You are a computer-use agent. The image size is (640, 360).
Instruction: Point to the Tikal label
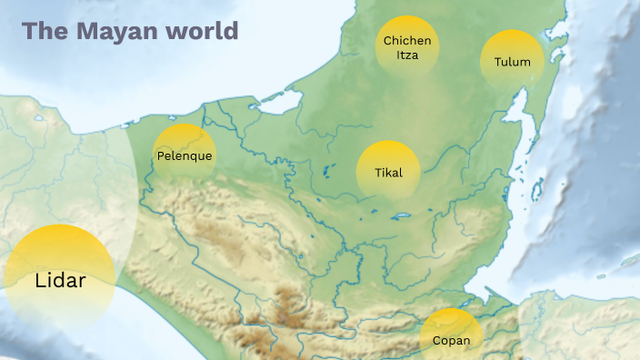[388, 173]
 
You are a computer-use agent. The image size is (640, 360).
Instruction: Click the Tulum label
[512, 63]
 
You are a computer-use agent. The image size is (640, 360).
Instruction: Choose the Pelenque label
[185, 156]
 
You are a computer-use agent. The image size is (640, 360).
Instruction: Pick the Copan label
[452, 341]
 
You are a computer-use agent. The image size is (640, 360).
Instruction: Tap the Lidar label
[60, 280]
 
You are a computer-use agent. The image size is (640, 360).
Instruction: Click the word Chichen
[407, 41]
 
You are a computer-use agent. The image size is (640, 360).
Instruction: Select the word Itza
[407, 55]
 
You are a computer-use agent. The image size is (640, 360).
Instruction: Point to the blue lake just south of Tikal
[398, 216]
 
